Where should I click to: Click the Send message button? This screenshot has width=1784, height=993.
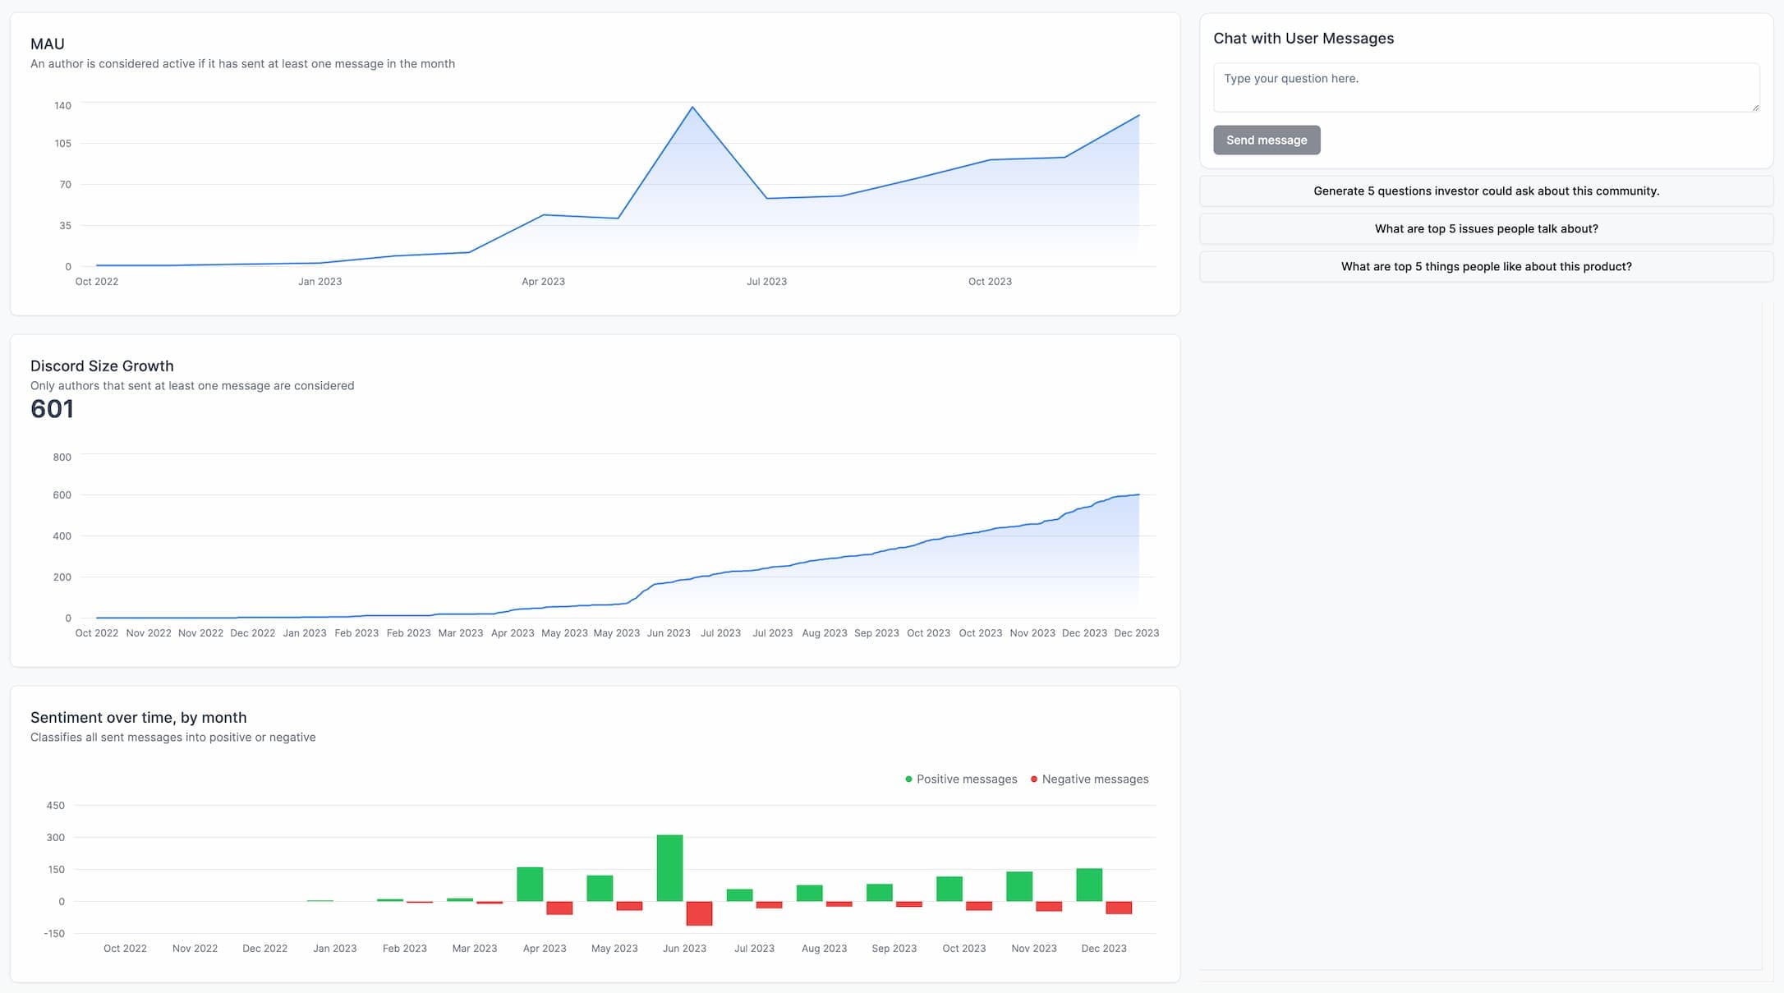[1266, 140]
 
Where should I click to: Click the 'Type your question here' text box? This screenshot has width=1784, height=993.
[1485, 87]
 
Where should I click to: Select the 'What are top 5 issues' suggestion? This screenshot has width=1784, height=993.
[1485, 229]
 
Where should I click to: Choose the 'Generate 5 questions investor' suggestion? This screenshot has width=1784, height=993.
[1485, 191]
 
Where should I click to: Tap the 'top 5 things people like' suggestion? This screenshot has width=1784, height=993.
[1485, 267]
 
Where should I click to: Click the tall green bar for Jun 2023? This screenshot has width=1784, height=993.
[669, 867]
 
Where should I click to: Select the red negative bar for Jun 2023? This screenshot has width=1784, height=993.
[699, 913]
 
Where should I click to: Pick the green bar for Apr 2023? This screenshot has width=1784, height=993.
[530, 884]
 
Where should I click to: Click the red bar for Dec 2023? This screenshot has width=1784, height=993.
[1118, 908]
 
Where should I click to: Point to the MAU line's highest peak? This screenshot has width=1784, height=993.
[692, 108]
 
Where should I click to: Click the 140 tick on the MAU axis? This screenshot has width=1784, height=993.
[63, 106]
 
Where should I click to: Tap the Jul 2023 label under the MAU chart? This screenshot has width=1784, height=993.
[766, 282]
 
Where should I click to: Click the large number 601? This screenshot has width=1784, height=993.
[52, 409]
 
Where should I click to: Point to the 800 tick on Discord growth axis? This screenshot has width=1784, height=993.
[62, 457]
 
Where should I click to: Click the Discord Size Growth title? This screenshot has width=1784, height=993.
[102, 366]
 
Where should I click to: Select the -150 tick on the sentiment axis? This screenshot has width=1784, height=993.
[54, 934]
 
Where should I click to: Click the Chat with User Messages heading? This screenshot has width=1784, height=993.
[1303, 39]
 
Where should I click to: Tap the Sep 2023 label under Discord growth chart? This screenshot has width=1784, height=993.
[876, 633]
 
